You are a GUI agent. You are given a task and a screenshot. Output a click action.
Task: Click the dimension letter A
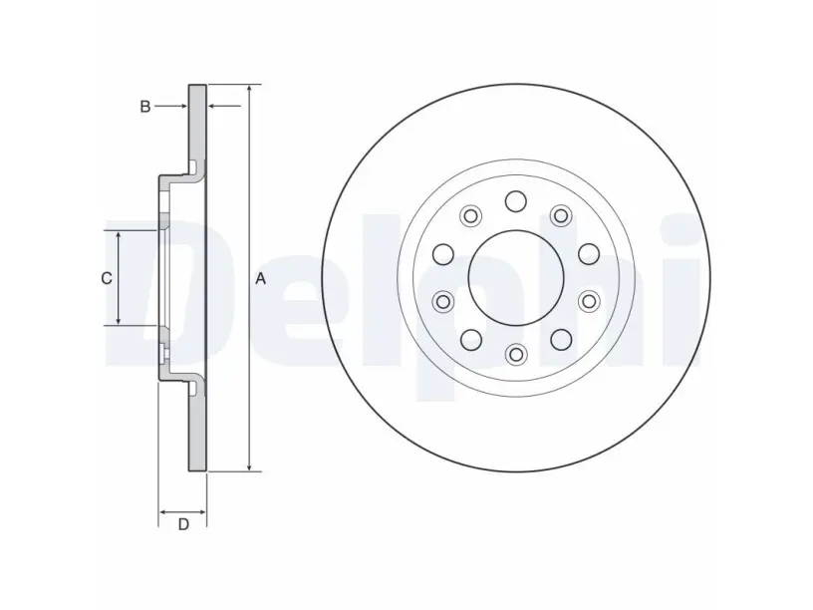tap(260, 278)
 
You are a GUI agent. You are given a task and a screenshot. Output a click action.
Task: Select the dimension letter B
tap(145, 107)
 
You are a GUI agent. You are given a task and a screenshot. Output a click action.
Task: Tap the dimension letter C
tap(107, 278)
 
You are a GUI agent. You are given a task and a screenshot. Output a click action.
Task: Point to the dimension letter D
tap(183, 524)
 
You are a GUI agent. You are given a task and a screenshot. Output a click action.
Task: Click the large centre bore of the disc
tap(516, 278)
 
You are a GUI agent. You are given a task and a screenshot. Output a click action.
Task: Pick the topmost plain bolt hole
tap(516, 201)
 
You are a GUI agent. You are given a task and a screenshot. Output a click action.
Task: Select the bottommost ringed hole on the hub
tap(516, 354)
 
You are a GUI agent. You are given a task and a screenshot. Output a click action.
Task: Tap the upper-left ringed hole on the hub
tap(471, 215)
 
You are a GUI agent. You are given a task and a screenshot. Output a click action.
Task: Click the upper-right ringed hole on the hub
tap(561, 215)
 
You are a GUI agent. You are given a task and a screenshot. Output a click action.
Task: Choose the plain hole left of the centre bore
tap(443, 254)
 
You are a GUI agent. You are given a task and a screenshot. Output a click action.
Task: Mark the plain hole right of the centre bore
tap(589, 254)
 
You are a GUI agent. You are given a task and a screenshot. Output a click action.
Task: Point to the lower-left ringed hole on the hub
tap(443, 301)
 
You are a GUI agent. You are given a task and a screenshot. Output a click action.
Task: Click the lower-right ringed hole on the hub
tap(589, 301)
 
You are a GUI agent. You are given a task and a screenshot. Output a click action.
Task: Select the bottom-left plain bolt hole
tap(471, 340)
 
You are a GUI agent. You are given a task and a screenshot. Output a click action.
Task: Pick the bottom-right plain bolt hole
tap(561, 340)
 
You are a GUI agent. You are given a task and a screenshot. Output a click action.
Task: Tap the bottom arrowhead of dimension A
tap(250, 466)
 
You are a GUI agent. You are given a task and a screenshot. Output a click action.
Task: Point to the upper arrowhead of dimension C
tap(119, 237)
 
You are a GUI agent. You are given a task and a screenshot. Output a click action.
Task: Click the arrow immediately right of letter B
tap(224, 107)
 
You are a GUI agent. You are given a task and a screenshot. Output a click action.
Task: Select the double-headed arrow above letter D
tap(182, 512)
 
